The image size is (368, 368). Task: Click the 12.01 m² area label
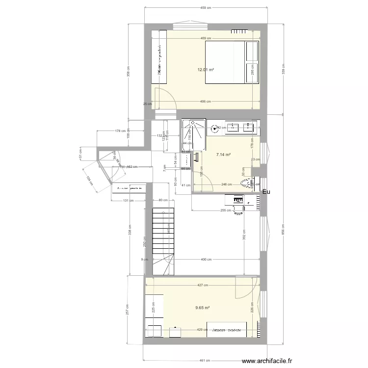click(206, 70)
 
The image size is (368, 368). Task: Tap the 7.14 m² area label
click(223, 154)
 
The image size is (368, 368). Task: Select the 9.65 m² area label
click(202, 308)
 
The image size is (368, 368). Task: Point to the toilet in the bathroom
click(248, 184)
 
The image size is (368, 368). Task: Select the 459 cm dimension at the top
click(206, 8)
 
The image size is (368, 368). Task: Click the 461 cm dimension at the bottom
click(206, 357)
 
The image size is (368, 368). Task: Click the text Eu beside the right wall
click(266, 192)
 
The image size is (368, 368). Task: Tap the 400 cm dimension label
click(206, 260)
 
